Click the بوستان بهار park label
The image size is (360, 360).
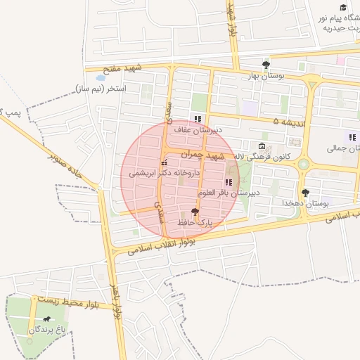click(x=266, y=75)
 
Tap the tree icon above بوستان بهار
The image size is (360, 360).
click(x=265, y=65)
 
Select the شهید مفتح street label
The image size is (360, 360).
click(x=122, y=67)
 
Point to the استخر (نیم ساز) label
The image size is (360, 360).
click(x=101, y=89)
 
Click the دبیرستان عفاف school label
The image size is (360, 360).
click(x=198, y=130)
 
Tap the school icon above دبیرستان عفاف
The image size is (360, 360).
click(x=198, y=119)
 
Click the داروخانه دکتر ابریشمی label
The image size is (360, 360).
click(x=165, y=173)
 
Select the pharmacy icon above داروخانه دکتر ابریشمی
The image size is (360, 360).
click(x=165, y=163)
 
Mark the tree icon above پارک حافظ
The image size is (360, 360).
click(x=195, y=212)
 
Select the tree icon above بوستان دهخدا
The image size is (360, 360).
click(x=305, y=192)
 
